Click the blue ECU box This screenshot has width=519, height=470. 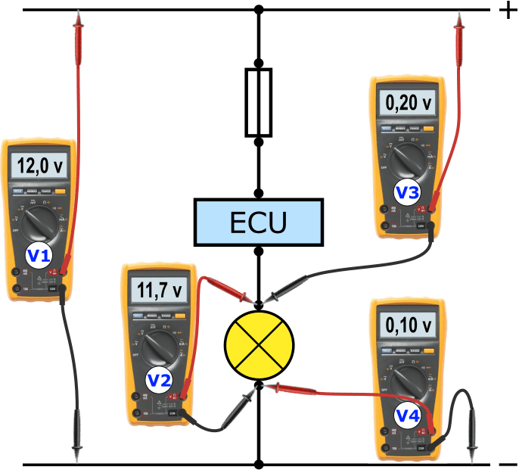(259, 222)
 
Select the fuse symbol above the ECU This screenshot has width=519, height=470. (259, 102)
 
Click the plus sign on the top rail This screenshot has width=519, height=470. (503, 11)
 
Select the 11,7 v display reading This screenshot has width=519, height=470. (160, 290)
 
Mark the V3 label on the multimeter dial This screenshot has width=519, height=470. (408, 192)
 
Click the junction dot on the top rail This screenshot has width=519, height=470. (259, 11)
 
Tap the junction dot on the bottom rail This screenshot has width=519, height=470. (259, 464)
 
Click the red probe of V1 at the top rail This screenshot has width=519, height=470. (78, 30)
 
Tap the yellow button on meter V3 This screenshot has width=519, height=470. (428, 129)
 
